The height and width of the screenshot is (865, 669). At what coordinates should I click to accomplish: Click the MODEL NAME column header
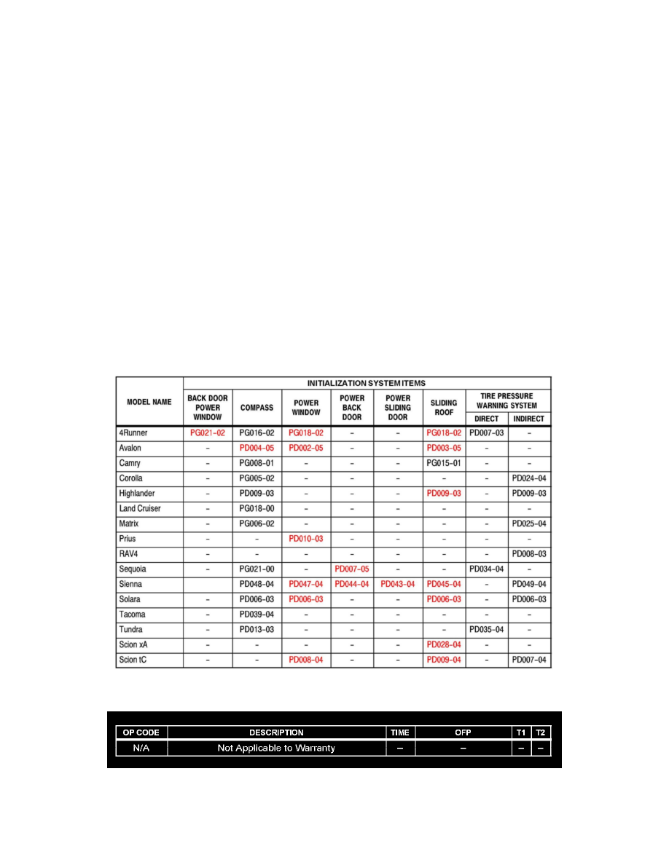click(x=149, y=401)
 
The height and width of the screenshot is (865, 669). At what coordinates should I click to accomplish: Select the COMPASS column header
click(x=257, y=407)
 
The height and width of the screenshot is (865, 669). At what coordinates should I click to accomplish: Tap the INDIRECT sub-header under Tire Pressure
click(x=528, y=419)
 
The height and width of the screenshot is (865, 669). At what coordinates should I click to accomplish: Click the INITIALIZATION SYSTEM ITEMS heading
click(x=367, y=382)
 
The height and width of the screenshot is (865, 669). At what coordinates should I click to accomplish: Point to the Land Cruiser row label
click(x=141, y=508)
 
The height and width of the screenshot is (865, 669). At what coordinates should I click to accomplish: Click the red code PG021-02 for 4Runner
click(x=208, y=432)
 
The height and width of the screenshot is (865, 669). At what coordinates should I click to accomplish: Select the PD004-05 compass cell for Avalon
click(x=257, y=448)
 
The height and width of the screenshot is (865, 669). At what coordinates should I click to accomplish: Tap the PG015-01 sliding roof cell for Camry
click(x=444, y=463)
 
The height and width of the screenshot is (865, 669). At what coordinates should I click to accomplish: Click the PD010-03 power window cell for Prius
click(x=306, y=539)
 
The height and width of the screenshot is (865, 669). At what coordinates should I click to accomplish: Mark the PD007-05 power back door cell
click(x=352, y=569)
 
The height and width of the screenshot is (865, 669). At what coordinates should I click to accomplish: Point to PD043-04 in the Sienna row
click(x=398, y=584)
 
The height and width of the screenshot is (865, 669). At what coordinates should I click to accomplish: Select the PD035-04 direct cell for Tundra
click(x=486, y=629)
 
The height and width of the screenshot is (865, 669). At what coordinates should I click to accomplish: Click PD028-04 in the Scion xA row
click(x=444, y=644)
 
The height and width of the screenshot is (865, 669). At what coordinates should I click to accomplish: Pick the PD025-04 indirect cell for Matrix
click(x=529, y=524)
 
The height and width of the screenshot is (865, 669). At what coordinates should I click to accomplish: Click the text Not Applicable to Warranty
click(x=276, y=748)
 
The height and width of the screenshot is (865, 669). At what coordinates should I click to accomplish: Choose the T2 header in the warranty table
click(x=540, y=732)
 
